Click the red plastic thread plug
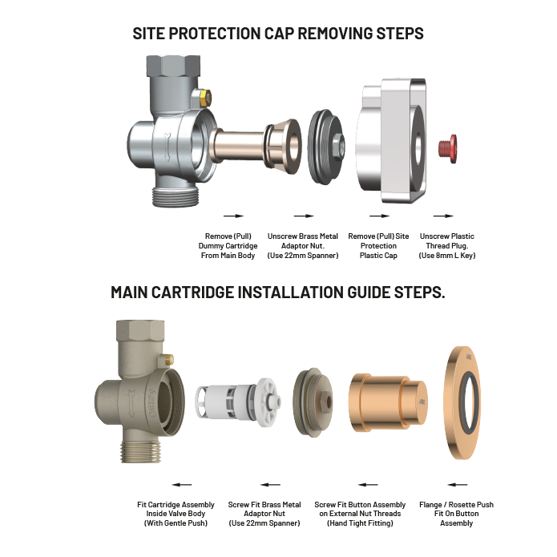click(x=448, y=148)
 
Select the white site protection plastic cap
click(x=391, y=141)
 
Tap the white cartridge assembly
click(x=238, y=402)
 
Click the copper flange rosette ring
click(x=462, y=403)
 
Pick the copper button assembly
click(x=389, y=402)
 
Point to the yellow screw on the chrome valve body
click(x=205, y=98)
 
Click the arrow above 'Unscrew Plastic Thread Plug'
click(x=443, y=216)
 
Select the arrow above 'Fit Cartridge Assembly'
click(x=181, y=484)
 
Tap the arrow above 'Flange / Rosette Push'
click(x=457, y=484)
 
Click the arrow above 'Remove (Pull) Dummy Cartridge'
click(x=234, y=216)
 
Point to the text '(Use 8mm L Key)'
click(x=447, y=256)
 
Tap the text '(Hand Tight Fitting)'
click(x=360, y=523)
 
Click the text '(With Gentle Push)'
click(x=176, y=523)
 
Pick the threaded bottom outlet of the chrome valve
click(x=176, y=196)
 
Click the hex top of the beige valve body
click(x=140, y=329)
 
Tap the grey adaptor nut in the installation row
click(x=313, y=402)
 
